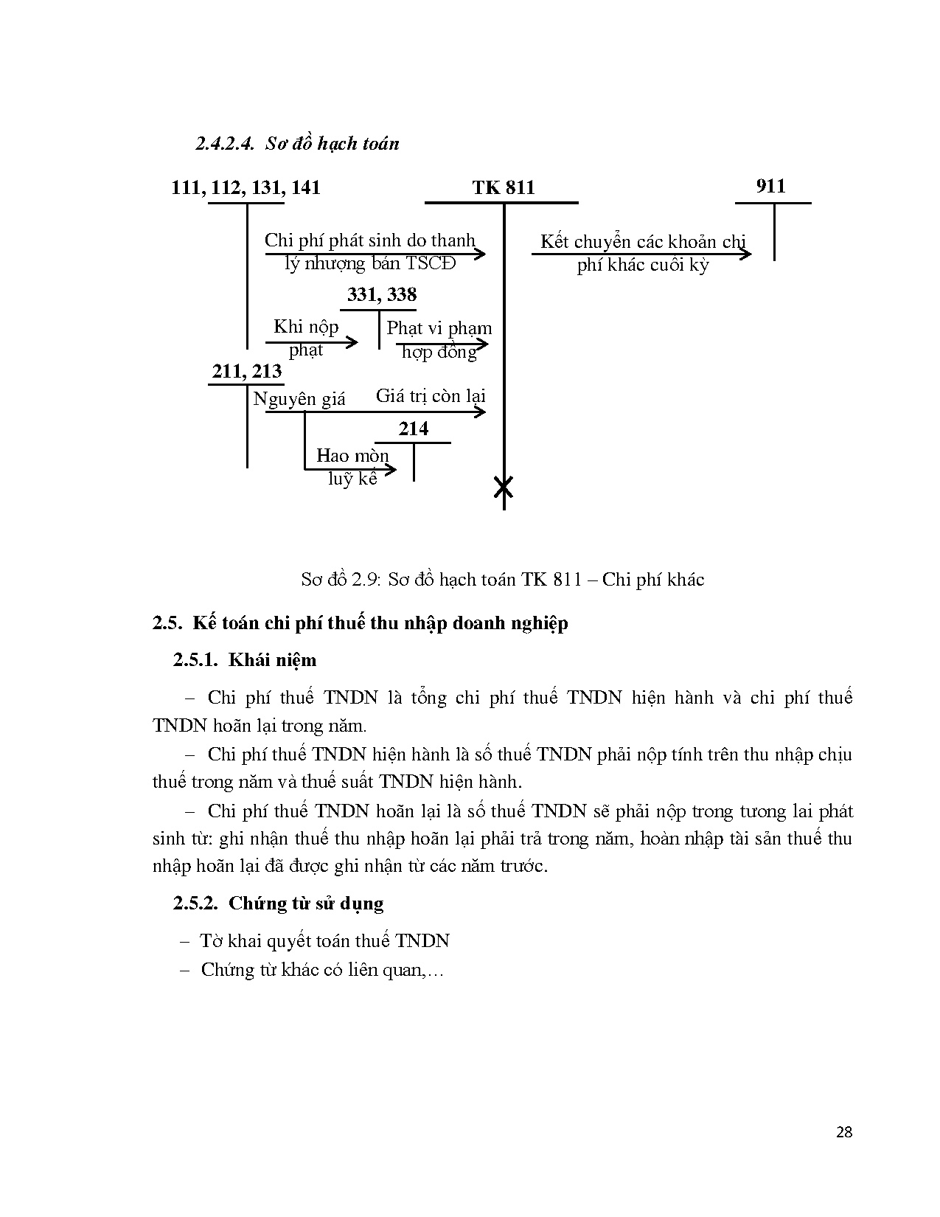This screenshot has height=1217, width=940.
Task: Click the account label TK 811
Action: [x=504, y=188]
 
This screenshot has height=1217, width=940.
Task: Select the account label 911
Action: [x=771, y=186]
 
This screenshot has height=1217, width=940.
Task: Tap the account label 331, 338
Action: [x=382, y=295]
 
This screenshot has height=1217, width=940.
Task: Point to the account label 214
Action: [x=413, y=429]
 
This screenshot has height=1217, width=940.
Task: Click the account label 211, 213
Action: [x=247, y=371]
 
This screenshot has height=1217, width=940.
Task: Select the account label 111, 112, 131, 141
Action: [x=246, y=187]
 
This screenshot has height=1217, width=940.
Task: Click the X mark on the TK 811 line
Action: [x=504, y=487]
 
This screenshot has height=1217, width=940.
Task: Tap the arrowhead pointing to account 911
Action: [x=746, y=254]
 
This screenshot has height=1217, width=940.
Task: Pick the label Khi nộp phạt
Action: [x=306, y=337]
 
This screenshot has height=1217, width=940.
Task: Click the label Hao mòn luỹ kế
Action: [x=352, y=466]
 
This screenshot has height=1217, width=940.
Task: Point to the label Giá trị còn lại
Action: [x=431, y=396]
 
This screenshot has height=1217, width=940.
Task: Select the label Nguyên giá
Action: [x=299, y=399]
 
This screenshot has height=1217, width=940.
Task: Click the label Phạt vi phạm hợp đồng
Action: [x=439, y=339]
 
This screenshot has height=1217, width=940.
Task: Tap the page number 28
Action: [x=845, y=1132]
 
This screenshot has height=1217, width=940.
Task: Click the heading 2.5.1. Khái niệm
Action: [x=245, y=659]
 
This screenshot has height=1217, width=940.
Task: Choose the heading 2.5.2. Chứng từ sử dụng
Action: [x=279, y=903]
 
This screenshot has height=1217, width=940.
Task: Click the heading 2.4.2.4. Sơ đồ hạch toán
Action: [x=297, y=143]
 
